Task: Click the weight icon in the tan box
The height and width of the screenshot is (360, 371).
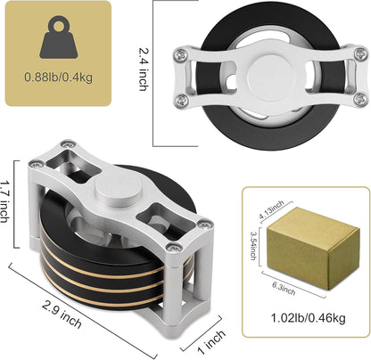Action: pyautogui.click(x=59, y=37)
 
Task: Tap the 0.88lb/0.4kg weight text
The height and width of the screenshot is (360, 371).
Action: pyautogui.click(x=59, y=78)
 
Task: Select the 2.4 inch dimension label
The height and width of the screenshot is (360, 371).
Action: pyautogui.click(x=144, y=70)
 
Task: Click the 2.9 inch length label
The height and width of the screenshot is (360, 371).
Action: pyautogui.click(x=62, y=315)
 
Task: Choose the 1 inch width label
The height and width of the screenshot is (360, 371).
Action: pyautogui.click(x=211, y=342)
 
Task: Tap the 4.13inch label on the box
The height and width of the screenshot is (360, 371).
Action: pyautogui.click(x=271, y=209)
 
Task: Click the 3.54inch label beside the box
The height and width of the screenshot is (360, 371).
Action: pyautogui.click(x=253, y=246)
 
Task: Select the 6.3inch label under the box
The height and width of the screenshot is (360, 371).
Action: pyautogui.click(x=284, y=289)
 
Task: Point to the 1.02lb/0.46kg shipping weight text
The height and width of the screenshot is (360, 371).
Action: pyautogui.click(x=309, y=318)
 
